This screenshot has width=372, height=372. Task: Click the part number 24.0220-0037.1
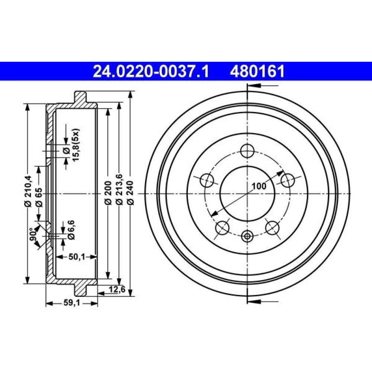pyautogui.click(x=151, y=71)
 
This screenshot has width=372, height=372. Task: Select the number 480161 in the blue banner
pyautogui.click(x=257, y=71)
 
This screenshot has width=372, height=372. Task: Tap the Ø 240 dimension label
pyautogui.click(x=131, y=193)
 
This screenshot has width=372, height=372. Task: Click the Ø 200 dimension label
pyautogui.click(x=108, y=193)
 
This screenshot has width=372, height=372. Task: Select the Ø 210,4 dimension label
pyautogui.click(x=28, y=191)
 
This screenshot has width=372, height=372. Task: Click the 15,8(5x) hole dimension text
pyautogui.click(x=76, y=145)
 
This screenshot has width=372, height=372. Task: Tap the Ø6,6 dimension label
pyautogui.click(x=71, y=230)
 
